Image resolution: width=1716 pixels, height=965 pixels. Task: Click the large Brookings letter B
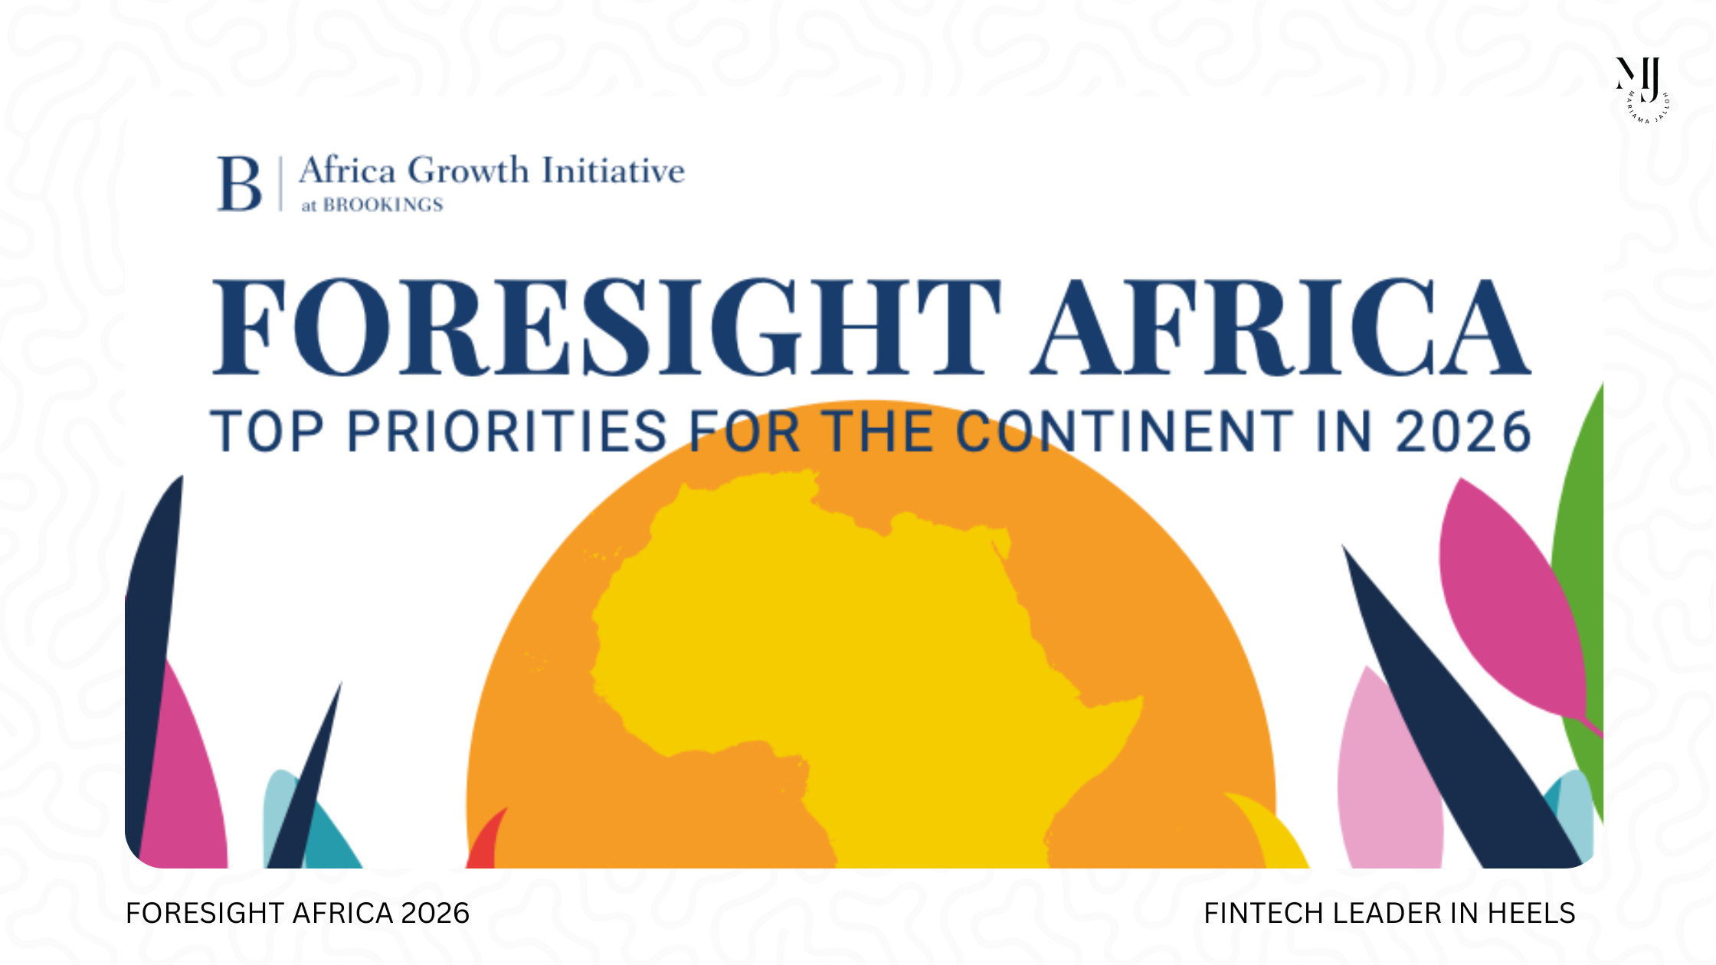[239, 184]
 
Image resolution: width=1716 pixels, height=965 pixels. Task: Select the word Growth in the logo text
[467, 170]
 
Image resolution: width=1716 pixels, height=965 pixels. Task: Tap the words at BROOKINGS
[372, 205]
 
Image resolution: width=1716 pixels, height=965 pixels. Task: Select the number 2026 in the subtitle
[1463, 432]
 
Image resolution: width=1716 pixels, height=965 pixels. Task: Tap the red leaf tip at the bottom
[486, 842]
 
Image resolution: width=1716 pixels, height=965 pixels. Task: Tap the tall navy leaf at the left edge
[149, 628]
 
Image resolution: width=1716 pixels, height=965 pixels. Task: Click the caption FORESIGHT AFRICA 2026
[297, 914]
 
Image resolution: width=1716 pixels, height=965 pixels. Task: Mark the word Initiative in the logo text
[613, 170]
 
